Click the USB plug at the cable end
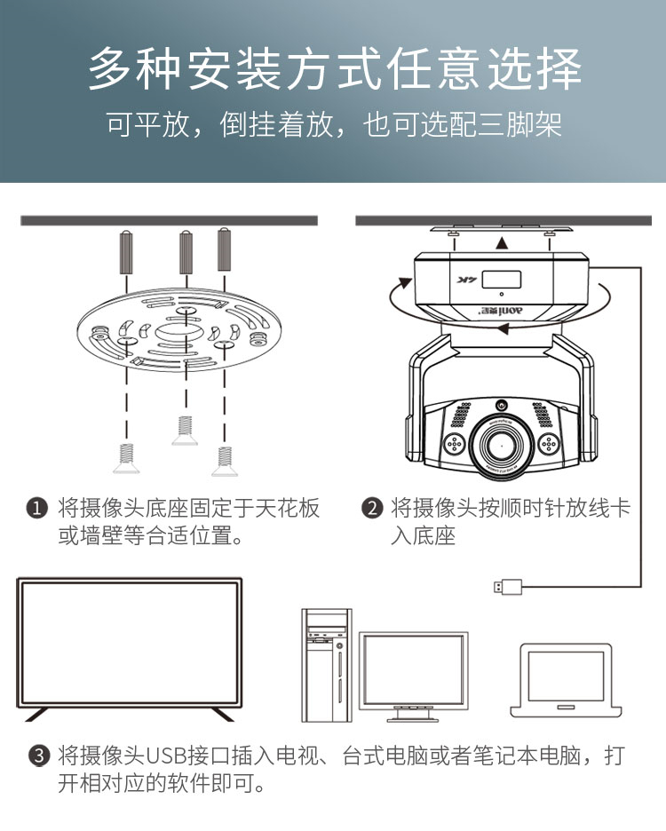click(507, 587)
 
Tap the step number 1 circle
click(36, 508)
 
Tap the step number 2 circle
click(372, 508)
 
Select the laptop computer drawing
click(566, 681)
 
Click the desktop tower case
click(327, 665)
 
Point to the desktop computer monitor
click(413, 677)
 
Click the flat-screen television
click(130, 649)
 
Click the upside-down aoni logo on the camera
click(501, 311)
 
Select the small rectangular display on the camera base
click(501, 280)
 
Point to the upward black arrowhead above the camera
click(502, 243)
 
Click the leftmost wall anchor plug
click(126, 252)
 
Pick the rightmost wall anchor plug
click(225, 249)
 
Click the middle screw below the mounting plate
click(185, 431)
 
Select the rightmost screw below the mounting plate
click(225, 461)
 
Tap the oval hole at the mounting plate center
click(178, 332)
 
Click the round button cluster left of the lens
click(455, 444)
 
